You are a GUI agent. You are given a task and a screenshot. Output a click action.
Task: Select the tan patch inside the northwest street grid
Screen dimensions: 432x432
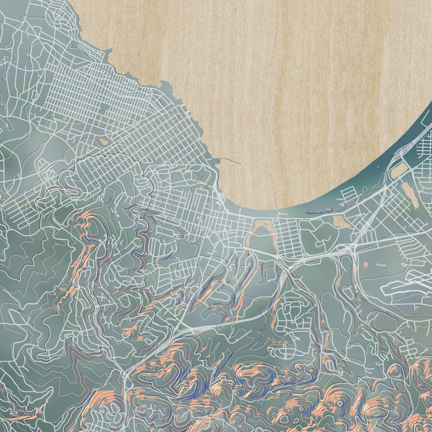pyautogui.click(x=103, y=141)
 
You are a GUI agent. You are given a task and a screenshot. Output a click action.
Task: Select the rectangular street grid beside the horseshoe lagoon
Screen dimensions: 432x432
pyautogui.click(x=287, y=235)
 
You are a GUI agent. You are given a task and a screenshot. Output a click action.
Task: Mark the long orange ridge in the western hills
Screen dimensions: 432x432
pyautogui.click(x=83, y=259)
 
